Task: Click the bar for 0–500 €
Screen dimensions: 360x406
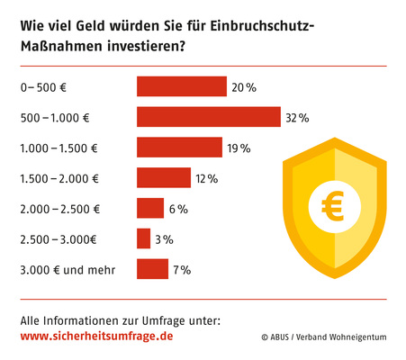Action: (x=181, y=86)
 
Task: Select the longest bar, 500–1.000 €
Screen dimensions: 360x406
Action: (x=209, y=117)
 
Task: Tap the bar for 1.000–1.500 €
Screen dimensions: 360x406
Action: (x=179, y=148)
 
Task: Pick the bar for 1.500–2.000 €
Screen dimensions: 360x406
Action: (x=163, y=178)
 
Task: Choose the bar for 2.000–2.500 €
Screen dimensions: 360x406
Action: (x=149, y=208)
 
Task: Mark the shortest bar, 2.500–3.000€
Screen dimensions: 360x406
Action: (x=143, y=238)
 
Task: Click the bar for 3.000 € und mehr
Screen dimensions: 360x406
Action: (x=152, y=269)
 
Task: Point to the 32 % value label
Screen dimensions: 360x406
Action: (x=297, y=117)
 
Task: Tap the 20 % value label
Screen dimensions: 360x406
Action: (x=243, y=87)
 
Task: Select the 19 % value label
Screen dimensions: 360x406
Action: (x=239, y=148)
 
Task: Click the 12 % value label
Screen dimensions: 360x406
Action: (x=206, y=178)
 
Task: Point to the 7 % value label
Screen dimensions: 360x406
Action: (x=182, y=269)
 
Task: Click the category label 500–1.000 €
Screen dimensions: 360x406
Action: (x=53, y=117)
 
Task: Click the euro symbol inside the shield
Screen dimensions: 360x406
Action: (x=334, y=208)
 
